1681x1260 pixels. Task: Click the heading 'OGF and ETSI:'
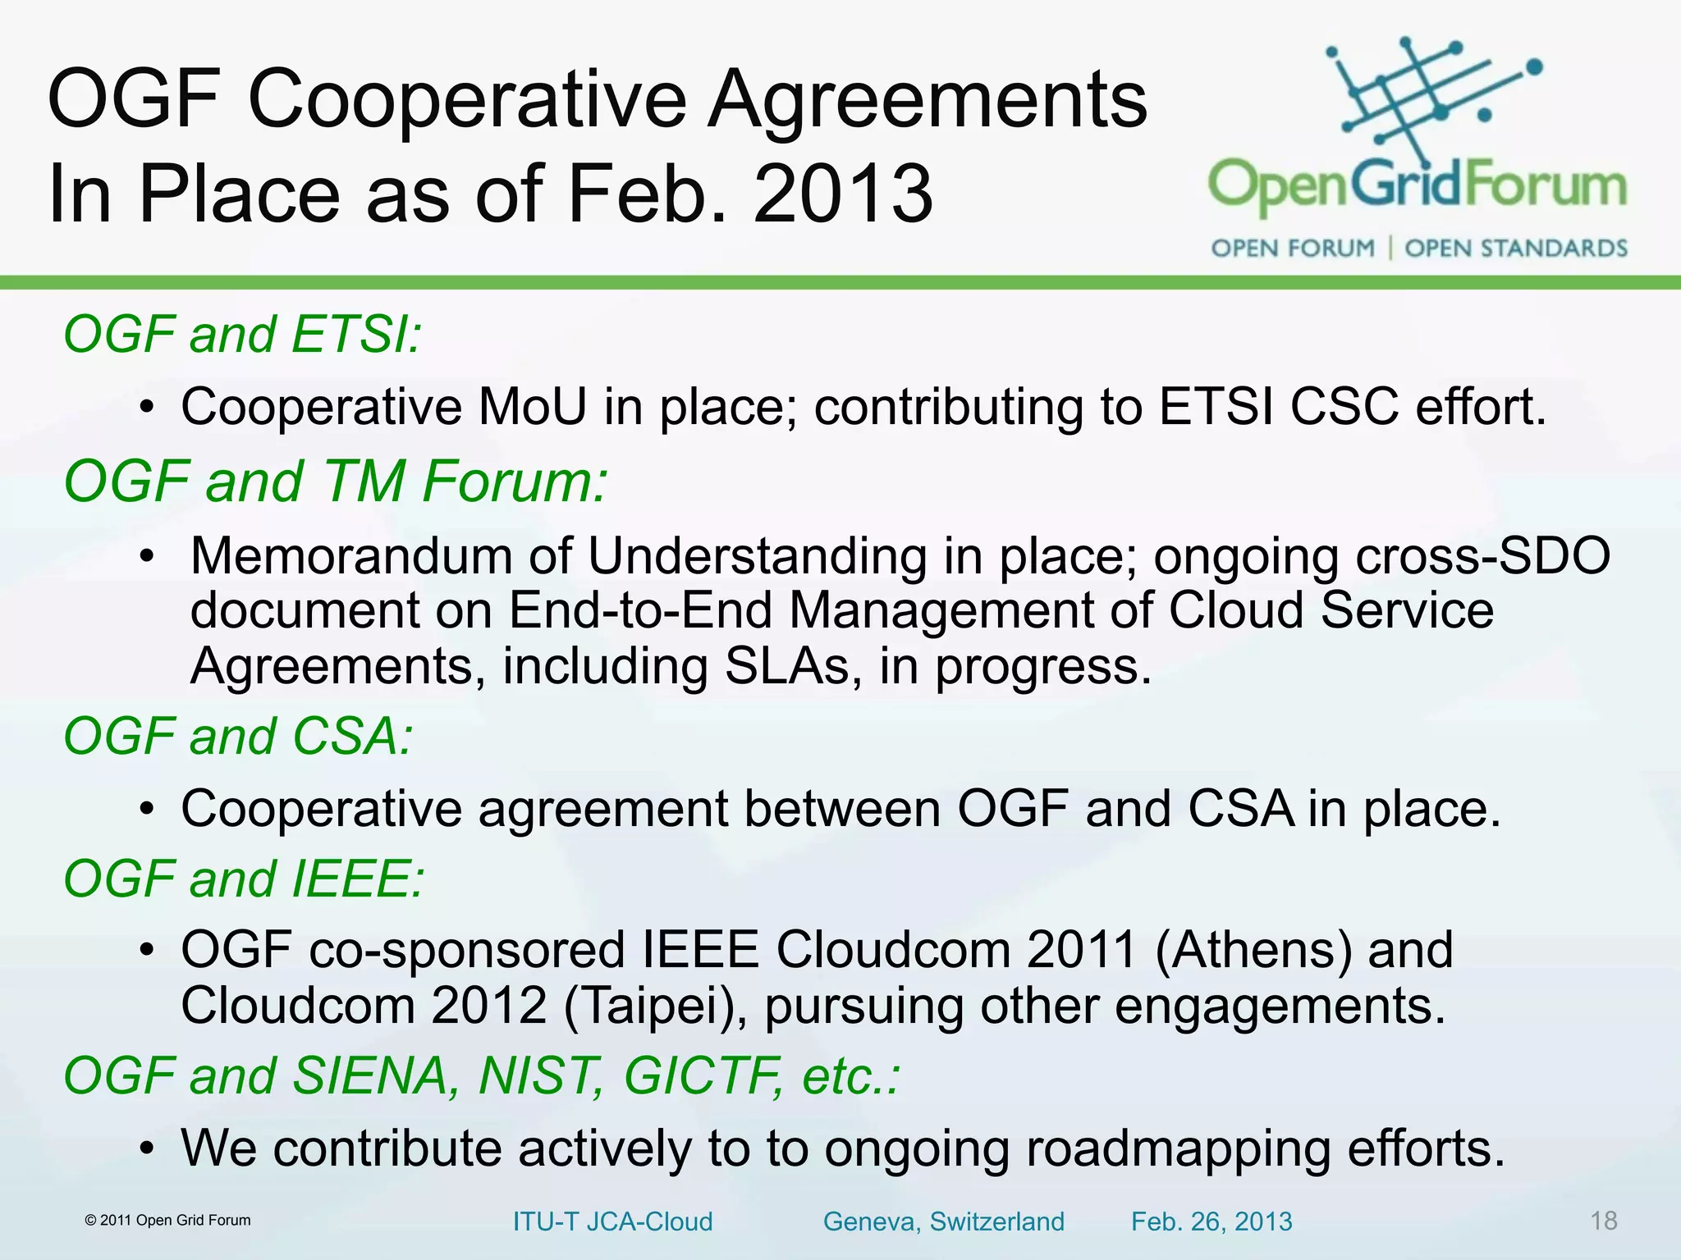coord(242,335)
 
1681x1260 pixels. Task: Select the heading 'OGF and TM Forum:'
coord(336,482)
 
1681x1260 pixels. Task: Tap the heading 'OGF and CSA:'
coord(238,736)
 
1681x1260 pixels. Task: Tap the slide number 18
coord(1603,1221)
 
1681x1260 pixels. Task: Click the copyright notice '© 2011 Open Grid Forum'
coord(168,1221)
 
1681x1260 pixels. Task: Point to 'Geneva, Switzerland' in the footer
coord(943,1221)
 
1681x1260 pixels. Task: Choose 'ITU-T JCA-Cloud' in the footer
coord(612,1221)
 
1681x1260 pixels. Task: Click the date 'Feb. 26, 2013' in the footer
coord(1212,1221)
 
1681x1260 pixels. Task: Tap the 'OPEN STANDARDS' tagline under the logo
coord(1515,248)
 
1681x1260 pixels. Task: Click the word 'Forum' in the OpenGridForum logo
coord(1546,185)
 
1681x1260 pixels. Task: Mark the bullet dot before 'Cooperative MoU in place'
coord(146,408)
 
